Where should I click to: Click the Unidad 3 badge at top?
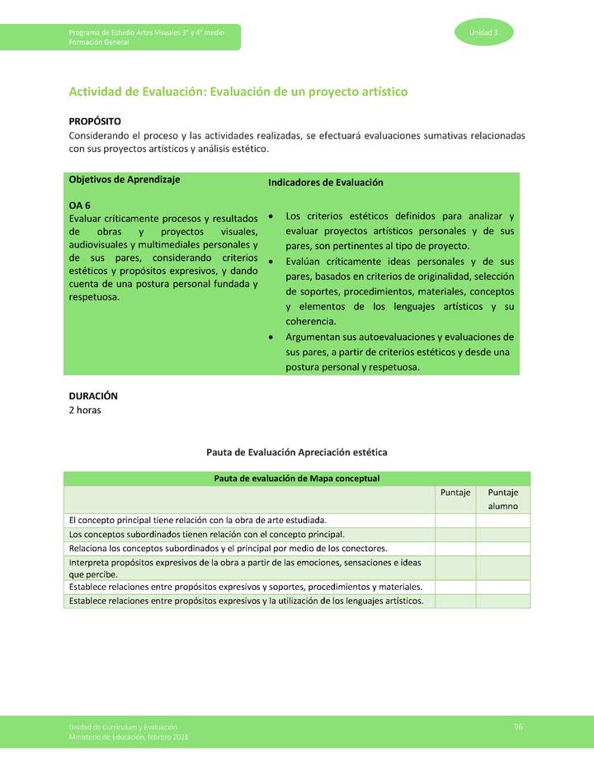[x=483, y=32]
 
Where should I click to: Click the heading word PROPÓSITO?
[x=95, y=120]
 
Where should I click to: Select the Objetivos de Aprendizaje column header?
[x=125, y=179]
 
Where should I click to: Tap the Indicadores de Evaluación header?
[x=325, y=182]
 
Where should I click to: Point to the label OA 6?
[x=80, y=204]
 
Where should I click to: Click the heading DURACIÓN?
[x=93, y=396]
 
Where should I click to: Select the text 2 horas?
[x=85, y=410]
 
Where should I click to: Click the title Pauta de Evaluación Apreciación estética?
[x=296, y=452]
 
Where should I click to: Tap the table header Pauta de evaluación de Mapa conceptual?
[x=296, y=478]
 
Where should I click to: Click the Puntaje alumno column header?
[x=502, y=499]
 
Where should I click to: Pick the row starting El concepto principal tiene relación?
[x=198, y=520]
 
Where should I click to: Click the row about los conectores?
[x=217, y=548]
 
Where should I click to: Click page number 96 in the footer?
[x=518, y=726]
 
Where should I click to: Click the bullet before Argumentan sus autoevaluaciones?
[x=272, y=337]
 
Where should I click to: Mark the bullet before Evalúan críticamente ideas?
[x=272, y=261]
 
